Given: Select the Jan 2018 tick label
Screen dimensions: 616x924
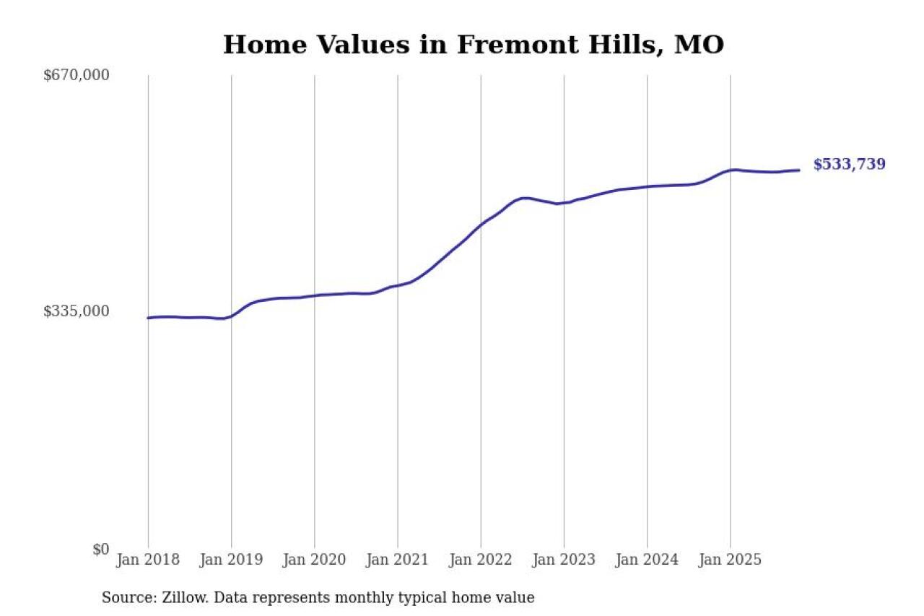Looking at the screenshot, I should (148, 560).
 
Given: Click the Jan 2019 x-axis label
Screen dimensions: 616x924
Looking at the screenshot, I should (231, 560).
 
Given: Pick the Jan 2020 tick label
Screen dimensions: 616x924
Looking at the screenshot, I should (314, 560).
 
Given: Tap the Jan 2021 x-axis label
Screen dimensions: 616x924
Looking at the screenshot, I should (397, 560).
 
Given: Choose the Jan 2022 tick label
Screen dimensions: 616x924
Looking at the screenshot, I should (481, 560).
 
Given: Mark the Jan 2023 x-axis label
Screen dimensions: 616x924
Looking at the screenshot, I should (564, 560).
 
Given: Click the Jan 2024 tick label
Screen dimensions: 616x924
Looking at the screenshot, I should (647, 560).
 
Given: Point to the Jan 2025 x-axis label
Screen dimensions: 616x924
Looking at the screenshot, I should (730, 560).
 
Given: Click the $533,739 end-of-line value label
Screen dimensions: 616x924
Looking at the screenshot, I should (849, 165).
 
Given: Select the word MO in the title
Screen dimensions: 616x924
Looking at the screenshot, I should (699, 45).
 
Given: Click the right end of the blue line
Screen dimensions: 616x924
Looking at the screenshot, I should (799, 170).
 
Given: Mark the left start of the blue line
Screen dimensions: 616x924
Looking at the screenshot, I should (148, 318).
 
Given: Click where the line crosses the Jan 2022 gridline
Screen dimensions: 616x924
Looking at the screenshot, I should (481, 224).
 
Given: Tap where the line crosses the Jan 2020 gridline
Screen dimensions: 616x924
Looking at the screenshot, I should (314, 295).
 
